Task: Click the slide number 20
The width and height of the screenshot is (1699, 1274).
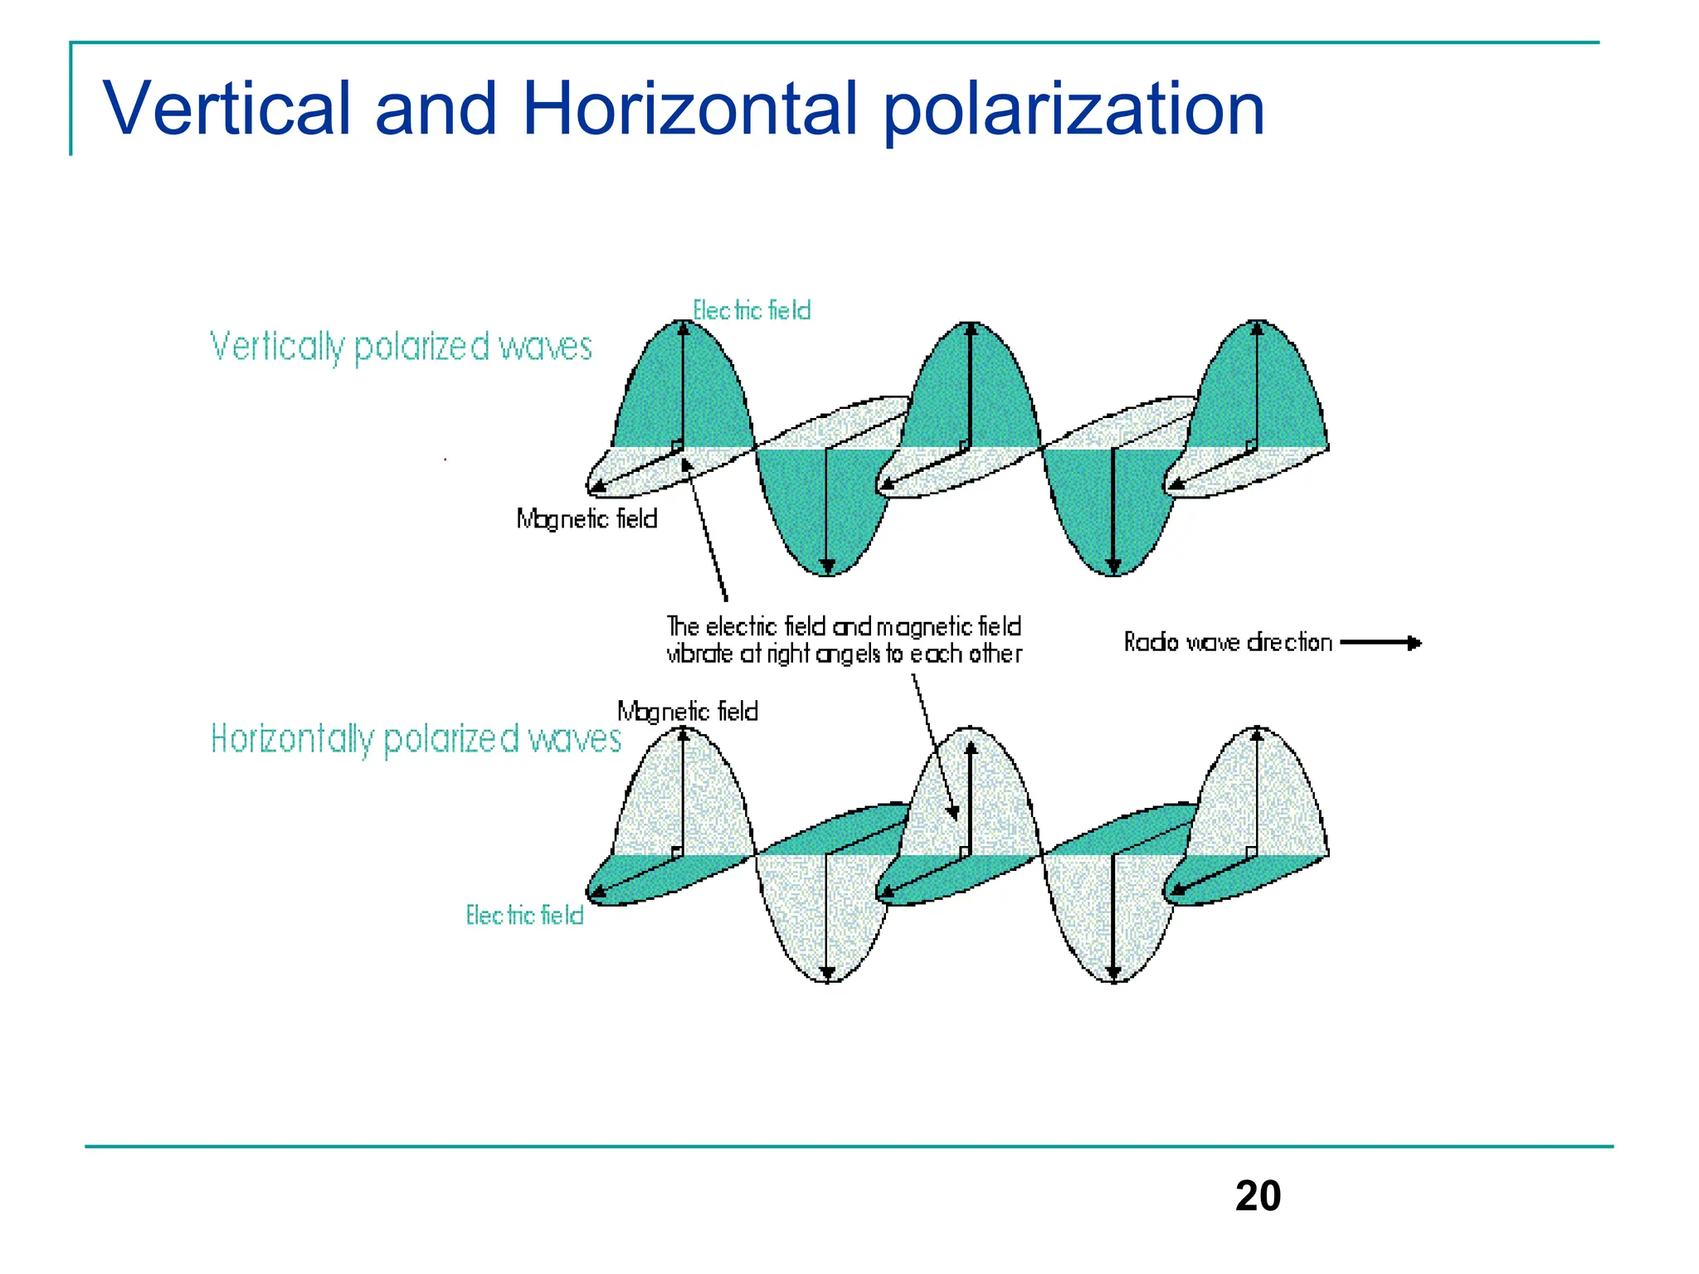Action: [x=1257, y=1196]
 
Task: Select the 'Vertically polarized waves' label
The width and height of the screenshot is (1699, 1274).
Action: [x=401, y=347]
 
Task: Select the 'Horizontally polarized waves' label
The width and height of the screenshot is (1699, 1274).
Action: [x=415, y=739]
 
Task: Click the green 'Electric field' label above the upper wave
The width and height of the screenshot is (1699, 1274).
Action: [x=752, y=310]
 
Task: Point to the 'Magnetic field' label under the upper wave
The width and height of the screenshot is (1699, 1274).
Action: [x=587, y=519]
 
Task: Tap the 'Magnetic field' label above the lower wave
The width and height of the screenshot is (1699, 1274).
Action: [x=687, y=712]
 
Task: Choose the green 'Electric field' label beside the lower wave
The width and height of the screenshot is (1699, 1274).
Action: [x=524, y=916]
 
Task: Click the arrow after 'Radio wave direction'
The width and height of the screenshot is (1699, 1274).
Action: [x=1380, y=643]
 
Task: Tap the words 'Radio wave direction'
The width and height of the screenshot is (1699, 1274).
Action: [x=1227, y=643]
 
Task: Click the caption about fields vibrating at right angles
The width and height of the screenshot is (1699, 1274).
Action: [x=844, y=640]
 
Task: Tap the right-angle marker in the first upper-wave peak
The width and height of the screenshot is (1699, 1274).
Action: [x=677, y=446]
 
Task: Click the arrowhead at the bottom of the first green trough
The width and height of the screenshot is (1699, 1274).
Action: [x=827, y=567]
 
